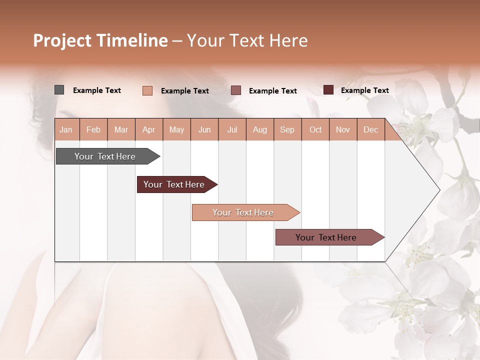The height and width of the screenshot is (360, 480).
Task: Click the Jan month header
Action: point(66,129)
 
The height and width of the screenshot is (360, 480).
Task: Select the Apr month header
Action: point(149,129)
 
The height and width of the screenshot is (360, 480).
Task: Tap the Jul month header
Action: point(232,129)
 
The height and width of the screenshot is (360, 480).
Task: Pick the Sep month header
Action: point(287,129)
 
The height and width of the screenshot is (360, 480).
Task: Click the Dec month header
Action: point(370,129)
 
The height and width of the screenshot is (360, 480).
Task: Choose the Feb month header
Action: point(93,129)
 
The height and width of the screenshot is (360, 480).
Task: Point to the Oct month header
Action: point(315,129)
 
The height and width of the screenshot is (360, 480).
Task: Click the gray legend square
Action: point(59,90)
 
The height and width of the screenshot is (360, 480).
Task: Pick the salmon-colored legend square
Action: point(147,90)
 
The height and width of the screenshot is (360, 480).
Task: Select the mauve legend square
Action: point(236,90)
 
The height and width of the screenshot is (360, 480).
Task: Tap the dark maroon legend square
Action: point(328,90)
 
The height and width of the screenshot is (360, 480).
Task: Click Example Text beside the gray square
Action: point(97,90)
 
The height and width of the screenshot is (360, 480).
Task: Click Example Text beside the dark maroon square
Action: point(365,90)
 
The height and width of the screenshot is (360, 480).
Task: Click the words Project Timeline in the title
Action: point(100,40)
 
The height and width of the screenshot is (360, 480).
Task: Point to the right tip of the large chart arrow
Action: point(438,190)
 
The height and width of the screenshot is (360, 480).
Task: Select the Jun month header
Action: point(204,129)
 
